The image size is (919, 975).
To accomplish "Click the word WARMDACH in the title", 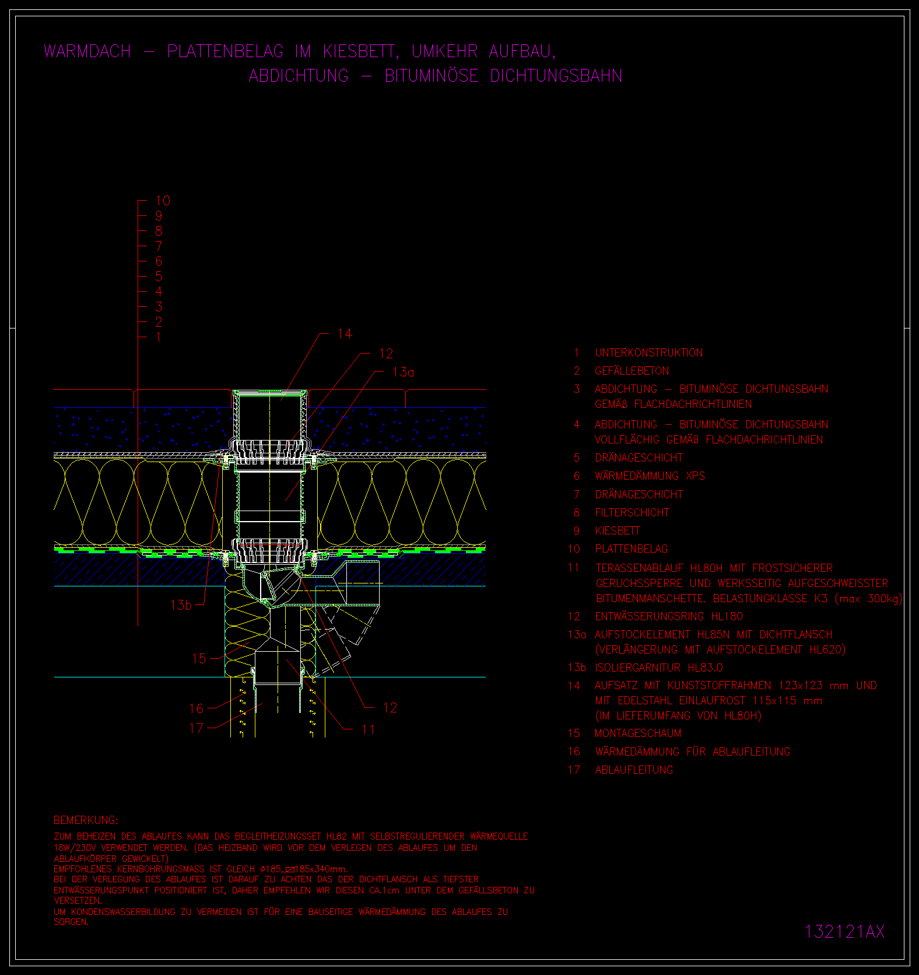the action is tap(87, 51).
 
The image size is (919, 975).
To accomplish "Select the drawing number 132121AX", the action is tap(844, 931).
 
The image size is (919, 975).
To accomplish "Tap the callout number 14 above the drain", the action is tap(345, 334).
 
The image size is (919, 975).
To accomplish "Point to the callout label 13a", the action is tap(403, 372).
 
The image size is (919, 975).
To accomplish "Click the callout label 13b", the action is tap(181, 605).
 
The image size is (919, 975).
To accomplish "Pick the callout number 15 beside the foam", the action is tap(199, 659).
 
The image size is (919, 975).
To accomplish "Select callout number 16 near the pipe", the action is tap(197, 708).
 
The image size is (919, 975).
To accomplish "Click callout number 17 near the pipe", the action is tap(197, 728).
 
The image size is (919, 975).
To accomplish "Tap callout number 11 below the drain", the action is tap(368, 729).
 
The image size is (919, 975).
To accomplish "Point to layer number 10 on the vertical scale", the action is tap(163, 201).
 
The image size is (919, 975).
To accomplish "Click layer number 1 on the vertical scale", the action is tap(159, 337).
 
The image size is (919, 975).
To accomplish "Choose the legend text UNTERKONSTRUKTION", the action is tap(648, 353).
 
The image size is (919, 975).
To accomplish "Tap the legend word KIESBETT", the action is tap(618, 531).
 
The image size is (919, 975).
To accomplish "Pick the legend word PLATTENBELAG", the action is tap(631, 549).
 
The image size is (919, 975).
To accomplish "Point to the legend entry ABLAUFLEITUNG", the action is tap(634, 770).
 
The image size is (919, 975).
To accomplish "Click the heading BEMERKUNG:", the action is tap(86, 820).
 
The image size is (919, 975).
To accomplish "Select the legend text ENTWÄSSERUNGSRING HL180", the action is tap(669, 617).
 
